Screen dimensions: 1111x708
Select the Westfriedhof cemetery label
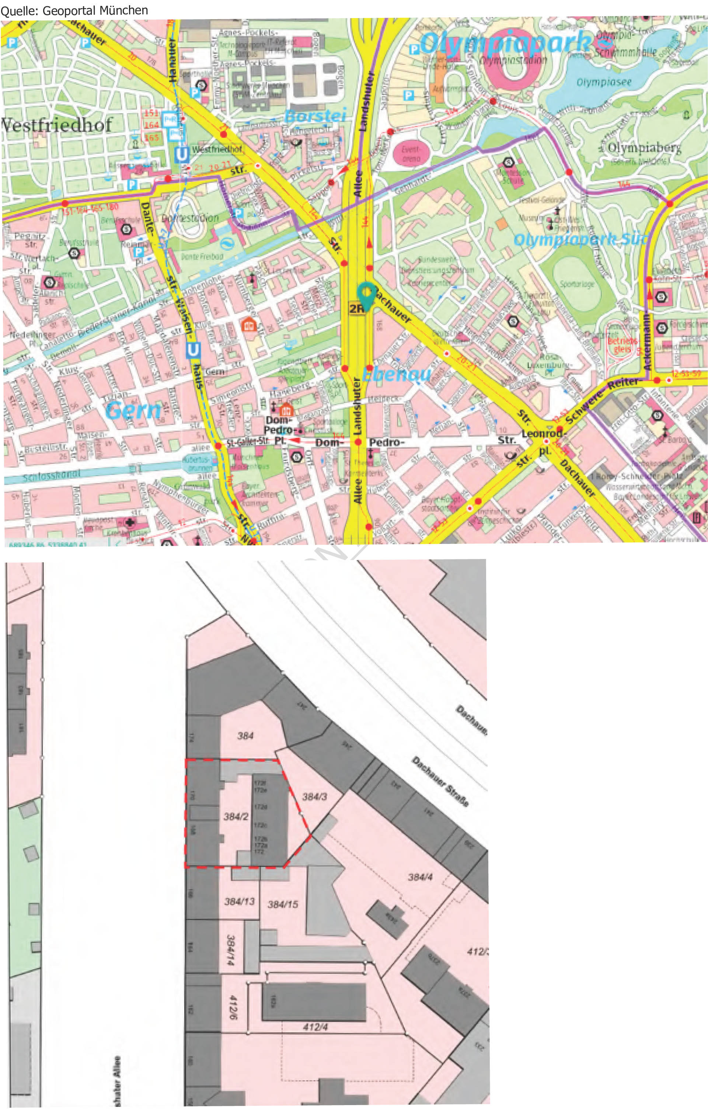click(x=56, y=125)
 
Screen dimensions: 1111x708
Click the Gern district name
click(x=133, y=410)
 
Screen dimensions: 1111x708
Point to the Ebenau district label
click(x=397, y=374)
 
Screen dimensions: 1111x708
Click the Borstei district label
click(x=315, y=115)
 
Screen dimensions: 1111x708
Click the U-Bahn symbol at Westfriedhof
click(x=181, y=155)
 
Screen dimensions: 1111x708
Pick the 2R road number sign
click(x=356, y=308)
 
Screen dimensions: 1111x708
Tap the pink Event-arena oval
click(x=411, y=154)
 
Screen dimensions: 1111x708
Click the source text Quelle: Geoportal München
click(x=74, y=10)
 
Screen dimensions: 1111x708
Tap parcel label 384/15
click(x=283, y=904)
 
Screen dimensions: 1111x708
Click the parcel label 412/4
click(x=315, y=1027)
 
